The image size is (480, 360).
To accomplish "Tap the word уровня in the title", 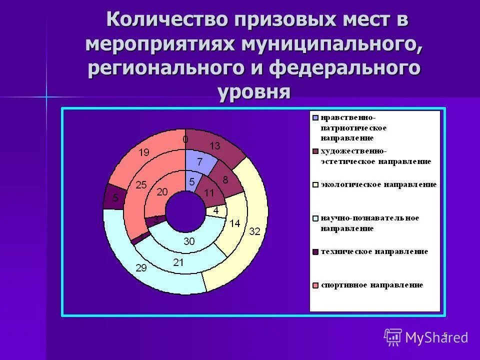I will [254, 92].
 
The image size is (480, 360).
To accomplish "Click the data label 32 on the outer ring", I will [254, 231].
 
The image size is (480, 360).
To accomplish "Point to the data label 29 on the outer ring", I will [141, 268].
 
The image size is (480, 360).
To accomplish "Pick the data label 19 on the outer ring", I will [143, 153].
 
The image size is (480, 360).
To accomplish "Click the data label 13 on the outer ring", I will [214, 145].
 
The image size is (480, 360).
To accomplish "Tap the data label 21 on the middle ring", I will [178, 261].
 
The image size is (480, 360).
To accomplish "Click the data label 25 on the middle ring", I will [141, 185].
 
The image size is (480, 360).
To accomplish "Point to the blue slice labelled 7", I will [199, 161].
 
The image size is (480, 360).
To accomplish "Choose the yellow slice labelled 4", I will [216, 211].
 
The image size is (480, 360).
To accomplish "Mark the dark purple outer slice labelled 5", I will [114, 197].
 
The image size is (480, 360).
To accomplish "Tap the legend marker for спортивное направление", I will [315, 285].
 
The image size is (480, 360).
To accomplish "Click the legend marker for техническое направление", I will [315, 251].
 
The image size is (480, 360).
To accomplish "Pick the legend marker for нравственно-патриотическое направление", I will [315, 118].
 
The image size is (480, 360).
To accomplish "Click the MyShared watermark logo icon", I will [393, 337].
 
